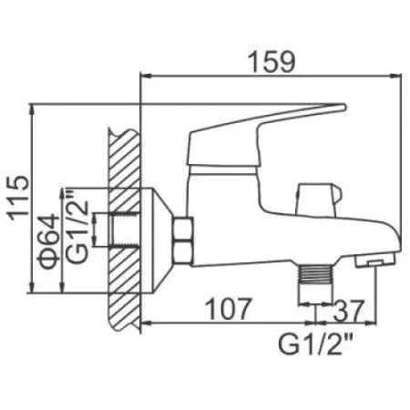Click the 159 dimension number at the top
(x=272, y=62)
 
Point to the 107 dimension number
(x=224, y=310)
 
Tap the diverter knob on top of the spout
(x=314, y=194)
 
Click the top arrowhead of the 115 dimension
(x=34, y=107)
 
